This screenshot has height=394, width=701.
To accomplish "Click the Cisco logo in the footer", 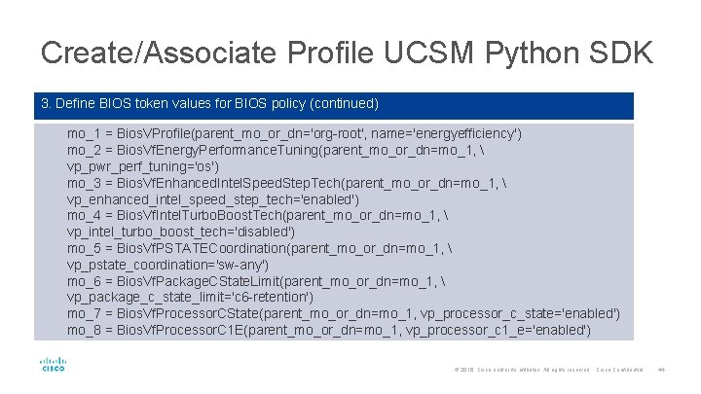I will (x=53, y=366).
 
